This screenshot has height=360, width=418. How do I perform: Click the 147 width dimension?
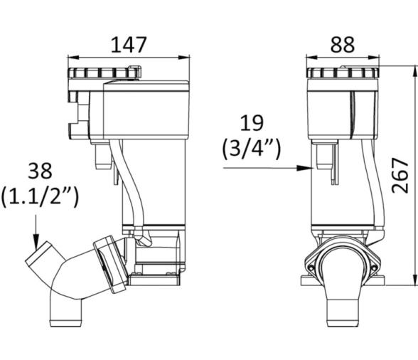tap(129, 45)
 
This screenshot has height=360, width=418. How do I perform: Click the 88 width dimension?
tap(343, 45)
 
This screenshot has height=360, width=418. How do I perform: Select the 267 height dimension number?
tap(400, 175)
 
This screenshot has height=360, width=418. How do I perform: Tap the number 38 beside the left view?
tap(40, 171)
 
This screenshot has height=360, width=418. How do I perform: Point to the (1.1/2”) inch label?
tap(40, 196)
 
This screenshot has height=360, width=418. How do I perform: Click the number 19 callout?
tap(252, 123)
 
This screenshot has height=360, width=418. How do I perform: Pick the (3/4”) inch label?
tap(252, 149)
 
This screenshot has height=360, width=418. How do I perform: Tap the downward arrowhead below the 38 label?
tap(36, 242)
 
